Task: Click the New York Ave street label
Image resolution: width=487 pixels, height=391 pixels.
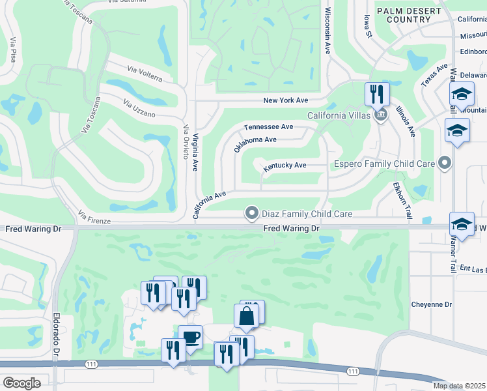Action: click(285, 100)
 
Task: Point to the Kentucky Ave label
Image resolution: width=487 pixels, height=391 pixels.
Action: click(285, 166)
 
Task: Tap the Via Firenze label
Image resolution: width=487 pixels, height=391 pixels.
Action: click(94, 217)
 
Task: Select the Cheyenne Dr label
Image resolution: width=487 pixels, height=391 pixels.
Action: click(431, 304)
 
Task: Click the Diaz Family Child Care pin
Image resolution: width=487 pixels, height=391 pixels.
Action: click(251, 212)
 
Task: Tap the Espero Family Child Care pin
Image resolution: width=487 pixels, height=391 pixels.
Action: click(445, 162)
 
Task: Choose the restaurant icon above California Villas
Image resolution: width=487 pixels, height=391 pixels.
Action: click(377, 94)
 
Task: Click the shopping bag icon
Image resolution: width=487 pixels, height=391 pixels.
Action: click(247, 316)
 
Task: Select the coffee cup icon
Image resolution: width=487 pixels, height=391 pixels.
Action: click(190, 337)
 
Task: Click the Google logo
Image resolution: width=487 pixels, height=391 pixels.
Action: click(21, 383)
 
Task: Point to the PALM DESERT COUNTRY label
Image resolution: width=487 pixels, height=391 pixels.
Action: click(404, 15)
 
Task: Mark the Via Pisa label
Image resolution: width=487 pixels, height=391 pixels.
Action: click(12, 51)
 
